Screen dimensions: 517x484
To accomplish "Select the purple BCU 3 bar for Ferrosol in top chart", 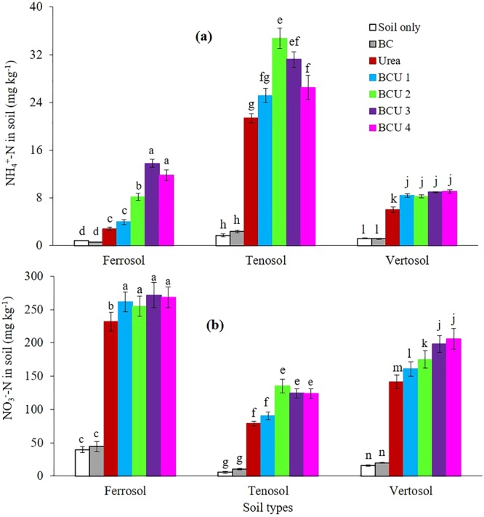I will pyautogui.click(x=152, y=204).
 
